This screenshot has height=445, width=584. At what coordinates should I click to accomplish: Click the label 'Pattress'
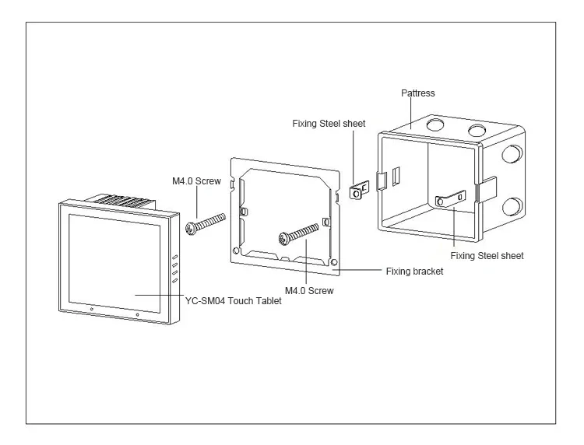click(417, 93)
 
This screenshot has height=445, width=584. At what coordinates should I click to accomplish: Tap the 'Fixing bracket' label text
click(414, 272)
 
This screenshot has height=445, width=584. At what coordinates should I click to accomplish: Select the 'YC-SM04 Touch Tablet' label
click(233, 300)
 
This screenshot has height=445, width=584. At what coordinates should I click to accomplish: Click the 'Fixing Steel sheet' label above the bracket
click(329, 123)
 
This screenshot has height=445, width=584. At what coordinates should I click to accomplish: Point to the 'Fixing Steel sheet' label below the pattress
click(487, 255)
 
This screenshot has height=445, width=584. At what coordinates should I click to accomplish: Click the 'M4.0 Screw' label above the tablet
click(196, 181)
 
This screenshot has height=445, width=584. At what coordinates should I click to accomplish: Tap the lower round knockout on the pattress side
click(512, 207)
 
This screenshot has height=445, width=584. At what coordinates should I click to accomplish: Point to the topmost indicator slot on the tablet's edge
click(176, 257)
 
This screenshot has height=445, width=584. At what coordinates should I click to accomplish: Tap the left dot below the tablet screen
click(91, 310)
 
